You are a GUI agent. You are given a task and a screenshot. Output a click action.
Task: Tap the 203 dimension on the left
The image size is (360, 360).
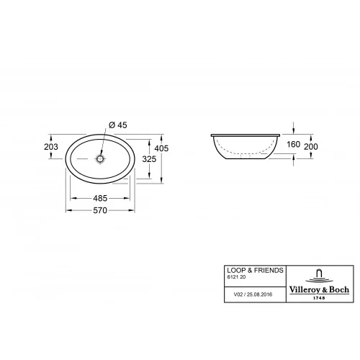(x=51, y=146)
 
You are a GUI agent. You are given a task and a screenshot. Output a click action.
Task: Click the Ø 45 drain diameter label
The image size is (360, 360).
(x=117, y=125)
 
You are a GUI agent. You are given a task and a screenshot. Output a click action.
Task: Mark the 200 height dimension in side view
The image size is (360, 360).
(x=310, y=146)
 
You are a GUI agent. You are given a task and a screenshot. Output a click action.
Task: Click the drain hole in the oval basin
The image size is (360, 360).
(x=101, y=158)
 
